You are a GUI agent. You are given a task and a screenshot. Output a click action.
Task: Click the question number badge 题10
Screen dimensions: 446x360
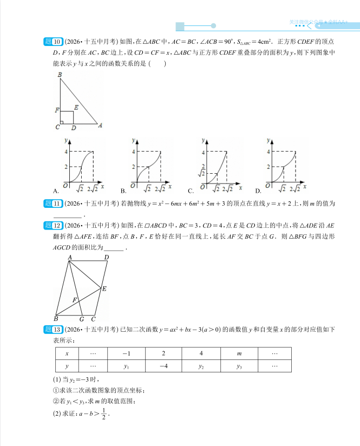tap(53, 42)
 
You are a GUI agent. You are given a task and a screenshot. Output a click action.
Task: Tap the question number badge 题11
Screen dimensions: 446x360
tap(53, 204)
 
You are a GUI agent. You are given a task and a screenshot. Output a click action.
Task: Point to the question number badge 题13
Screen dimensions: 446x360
tap(53, 329)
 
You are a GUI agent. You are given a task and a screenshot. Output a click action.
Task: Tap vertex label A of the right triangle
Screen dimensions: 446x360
tap(100, 126)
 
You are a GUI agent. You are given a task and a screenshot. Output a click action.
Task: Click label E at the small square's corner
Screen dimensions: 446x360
tap(76, 108)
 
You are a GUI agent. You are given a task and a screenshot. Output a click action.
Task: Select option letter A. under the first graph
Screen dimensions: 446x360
tap(56, 191)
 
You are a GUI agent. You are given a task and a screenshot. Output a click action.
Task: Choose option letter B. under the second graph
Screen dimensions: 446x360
tap(123, 191)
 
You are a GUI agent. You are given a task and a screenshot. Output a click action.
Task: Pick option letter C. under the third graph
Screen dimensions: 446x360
tap(191, 191)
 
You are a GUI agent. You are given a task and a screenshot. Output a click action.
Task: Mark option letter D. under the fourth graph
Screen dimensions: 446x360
tap(258, 191)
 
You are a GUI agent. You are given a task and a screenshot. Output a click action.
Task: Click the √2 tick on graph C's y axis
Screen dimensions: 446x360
tap(203, 173)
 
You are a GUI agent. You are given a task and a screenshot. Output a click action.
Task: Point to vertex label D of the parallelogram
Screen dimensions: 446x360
tap(107, 258)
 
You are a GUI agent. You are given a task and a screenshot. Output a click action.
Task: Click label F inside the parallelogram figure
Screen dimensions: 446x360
tap(75, 299)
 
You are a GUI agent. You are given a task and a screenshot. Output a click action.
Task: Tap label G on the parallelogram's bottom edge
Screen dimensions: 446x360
tap(82, 319)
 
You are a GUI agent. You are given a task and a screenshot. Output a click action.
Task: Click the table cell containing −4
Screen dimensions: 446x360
tap(163, 366)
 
